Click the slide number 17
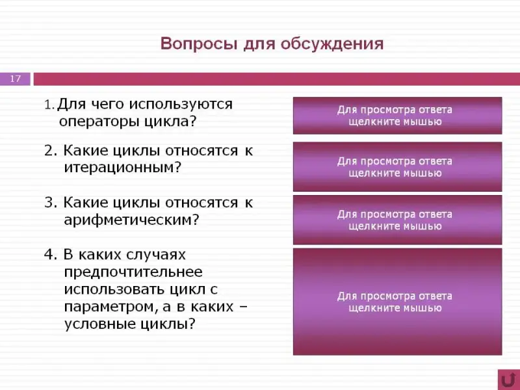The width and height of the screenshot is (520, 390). [x=15, y=79]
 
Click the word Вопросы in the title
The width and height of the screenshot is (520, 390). [x=199, y=44]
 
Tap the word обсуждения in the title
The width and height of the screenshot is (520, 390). [x=332, y=44]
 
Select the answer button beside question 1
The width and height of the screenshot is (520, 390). [x=397, y=116]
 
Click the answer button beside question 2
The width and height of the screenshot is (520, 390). [x=397, y=167]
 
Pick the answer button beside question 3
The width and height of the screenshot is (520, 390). [x=397, y=220]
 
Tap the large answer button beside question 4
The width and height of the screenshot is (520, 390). [x=397, y=302]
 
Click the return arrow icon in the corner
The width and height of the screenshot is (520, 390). [x=508, y=380]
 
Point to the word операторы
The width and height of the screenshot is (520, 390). [x=99, y=122]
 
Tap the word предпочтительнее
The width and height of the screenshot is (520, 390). [x=133, y=272]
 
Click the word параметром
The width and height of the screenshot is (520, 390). [x=107, y=307]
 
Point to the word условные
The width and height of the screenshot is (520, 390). [x=99, y=324]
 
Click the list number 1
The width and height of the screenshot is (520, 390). [x=48, y=105]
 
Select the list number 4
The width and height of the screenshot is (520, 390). [x=50, y=255]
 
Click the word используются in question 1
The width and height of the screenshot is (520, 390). [x=181, y=105]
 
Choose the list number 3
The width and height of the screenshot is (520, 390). [x=51, y=202]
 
